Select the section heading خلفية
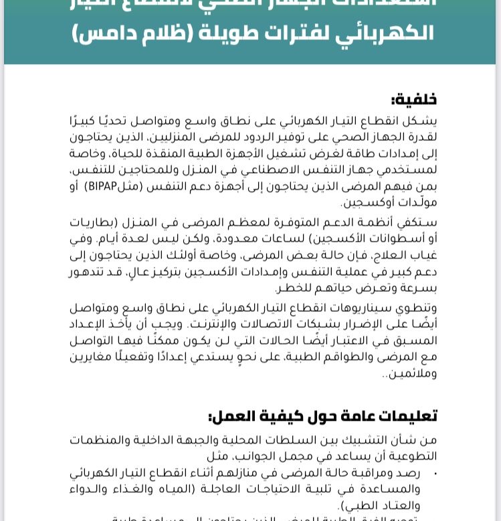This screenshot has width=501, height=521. pyautogui.click(x=414, y=100)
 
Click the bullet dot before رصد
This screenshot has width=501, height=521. pyautogui.click(x=435, y=474)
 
